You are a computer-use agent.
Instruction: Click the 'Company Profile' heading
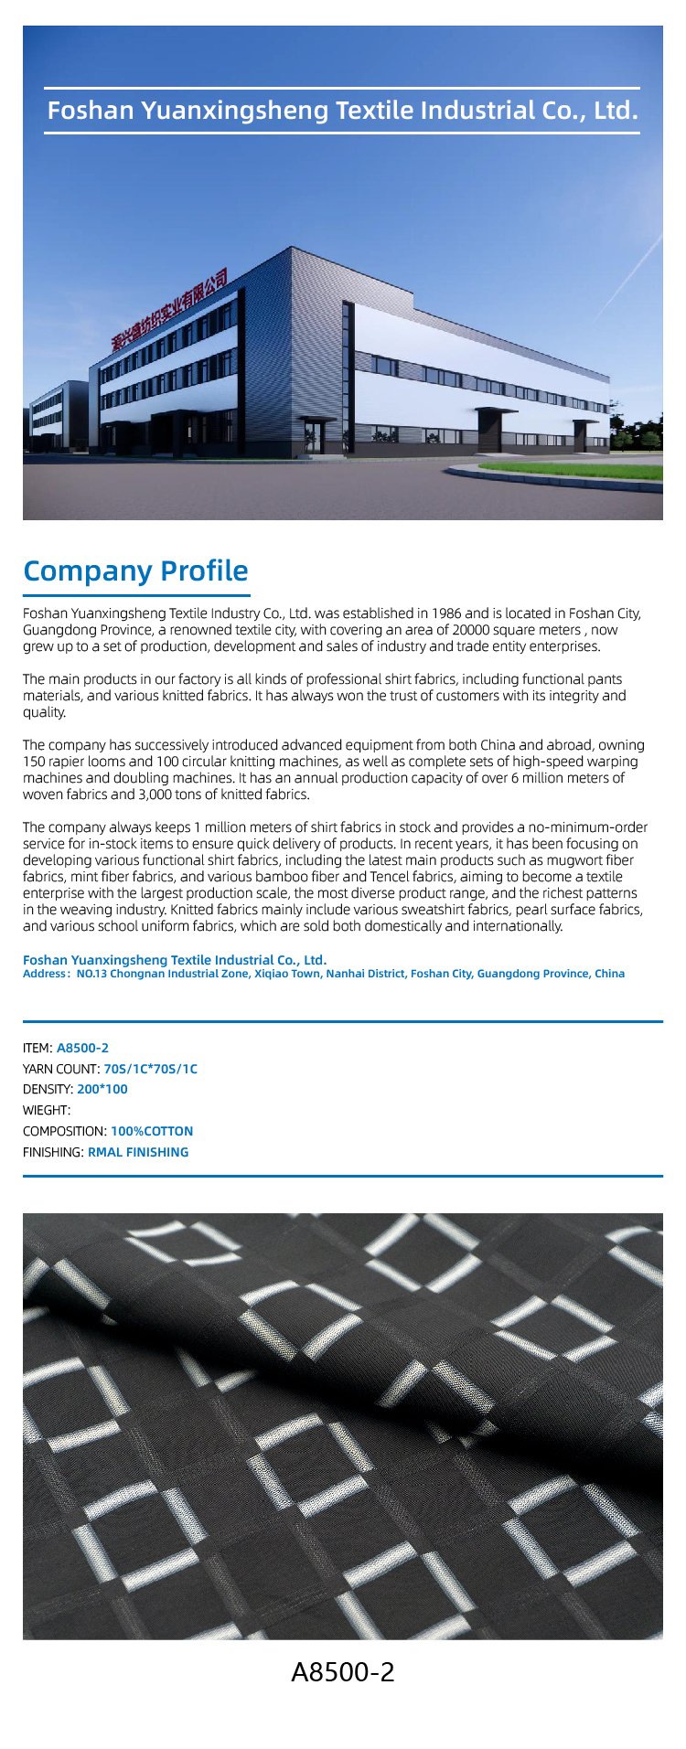135,571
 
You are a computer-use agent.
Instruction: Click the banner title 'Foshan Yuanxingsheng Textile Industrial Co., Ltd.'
342,112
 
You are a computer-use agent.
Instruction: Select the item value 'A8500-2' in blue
82,1048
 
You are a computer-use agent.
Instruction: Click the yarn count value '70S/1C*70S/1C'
151,1069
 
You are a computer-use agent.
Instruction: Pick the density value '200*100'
102,1090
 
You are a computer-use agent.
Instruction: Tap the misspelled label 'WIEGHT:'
47,1110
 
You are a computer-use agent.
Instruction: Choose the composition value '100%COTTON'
152,1131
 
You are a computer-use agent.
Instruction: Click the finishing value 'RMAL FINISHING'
138,1152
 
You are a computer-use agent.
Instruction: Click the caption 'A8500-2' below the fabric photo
343,1672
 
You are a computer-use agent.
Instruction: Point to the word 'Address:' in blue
46,974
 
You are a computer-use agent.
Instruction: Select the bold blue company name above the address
175,960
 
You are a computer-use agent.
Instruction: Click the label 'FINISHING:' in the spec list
53,1152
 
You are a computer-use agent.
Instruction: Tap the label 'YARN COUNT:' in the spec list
61,1069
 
